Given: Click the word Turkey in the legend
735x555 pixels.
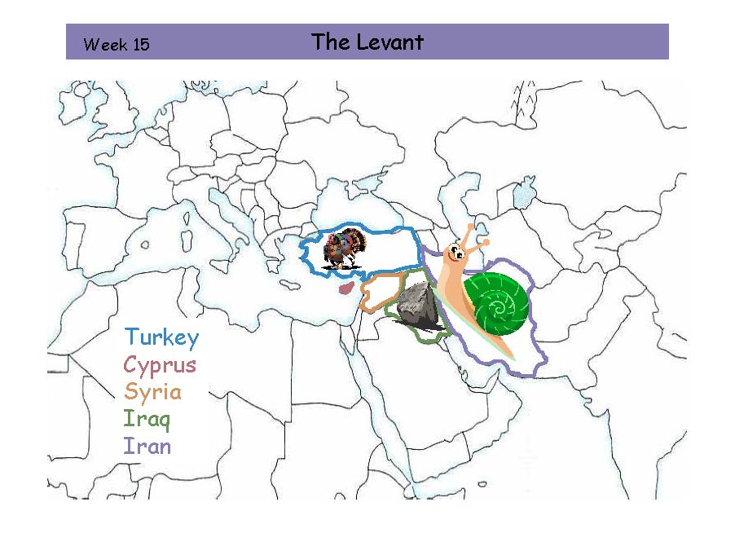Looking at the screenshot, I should coord(161,337).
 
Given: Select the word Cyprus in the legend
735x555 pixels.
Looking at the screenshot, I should coord(160,365).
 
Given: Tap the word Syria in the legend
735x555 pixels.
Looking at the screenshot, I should coord(152,392).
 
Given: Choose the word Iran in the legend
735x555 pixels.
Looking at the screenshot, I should coord(147,447).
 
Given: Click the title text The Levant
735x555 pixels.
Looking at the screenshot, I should coord(367,42).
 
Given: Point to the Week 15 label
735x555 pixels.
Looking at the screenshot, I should coord(117,45).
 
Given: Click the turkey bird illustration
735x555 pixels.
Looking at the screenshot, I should coord(345,248).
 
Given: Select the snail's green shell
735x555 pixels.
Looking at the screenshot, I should coord(495,303).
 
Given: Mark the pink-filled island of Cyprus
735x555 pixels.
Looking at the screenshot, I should coord(345,289).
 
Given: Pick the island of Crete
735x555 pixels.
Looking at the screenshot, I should coord(289,284).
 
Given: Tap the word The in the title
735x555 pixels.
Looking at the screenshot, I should coord(330,42).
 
